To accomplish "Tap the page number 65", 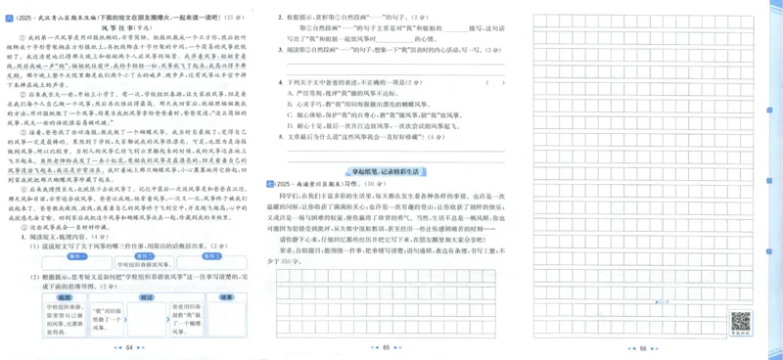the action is click(386, 347).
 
